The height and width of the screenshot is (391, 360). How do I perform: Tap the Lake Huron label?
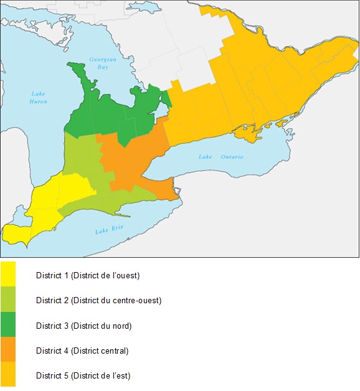39,98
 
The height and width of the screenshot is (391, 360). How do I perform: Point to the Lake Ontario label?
221,156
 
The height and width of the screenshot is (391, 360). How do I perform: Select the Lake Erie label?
110,230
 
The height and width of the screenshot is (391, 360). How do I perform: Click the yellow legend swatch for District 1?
8,274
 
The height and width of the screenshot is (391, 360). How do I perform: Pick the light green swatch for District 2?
8,299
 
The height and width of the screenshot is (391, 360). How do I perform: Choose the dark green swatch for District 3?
8,325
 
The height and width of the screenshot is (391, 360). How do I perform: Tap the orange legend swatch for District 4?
8,350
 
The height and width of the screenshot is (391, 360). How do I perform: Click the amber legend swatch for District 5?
8,375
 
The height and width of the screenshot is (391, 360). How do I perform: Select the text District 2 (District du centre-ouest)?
98,301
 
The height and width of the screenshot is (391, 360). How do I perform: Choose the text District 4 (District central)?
82,351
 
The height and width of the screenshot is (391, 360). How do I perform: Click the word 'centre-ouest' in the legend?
138,301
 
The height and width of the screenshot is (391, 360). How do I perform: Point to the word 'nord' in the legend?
120,326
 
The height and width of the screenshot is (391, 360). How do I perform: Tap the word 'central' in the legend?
113,351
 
